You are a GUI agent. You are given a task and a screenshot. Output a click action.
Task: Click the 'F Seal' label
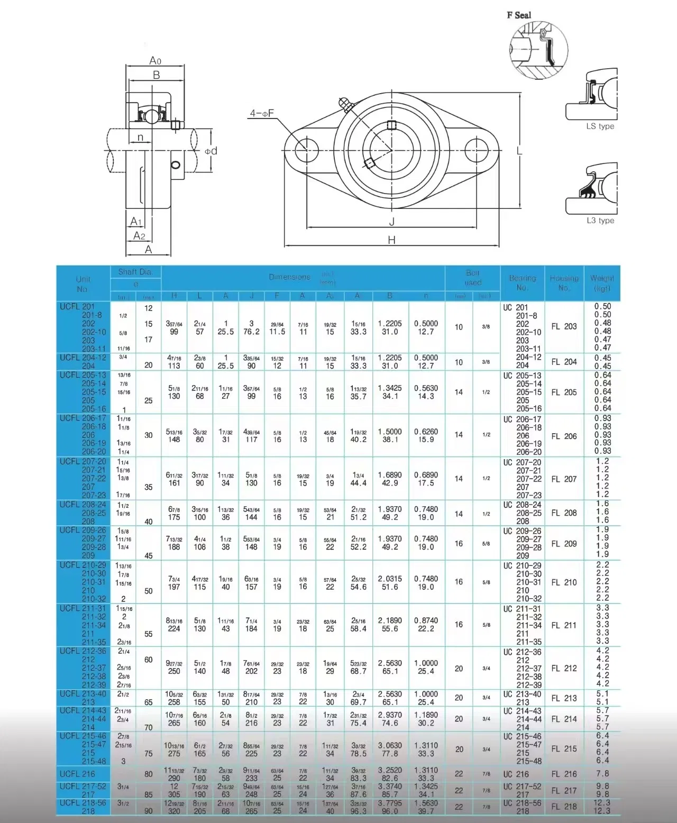[x=518, y=15]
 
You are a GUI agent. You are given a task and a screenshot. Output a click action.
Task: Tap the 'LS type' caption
[x=600, y=126]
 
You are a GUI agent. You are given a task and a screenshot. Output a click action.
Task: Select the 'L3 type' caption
[x=600, y=221]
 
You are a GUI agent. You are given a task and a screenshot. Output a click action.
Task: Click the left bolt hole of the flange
[x=307, y=151]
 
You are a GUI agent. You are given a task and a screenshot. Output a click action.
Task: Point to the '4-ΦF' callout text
[x=262, y=113]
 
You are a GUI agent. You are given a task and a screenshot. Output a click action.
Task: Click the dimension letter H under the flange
[x=391, y=240]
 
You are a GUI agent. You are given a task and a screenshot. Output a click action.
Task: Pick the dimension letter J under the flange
[x=391, y=222]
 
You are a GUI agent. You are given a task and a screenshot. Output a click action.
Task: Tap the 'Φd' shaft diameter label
[x=211, y=151]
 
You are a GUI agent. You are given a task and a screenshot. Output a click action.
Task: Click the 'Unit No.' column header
[x=83, y=284]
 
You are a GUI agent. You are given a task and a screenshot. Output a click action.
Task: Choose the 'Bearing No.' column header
[x=522, y=283]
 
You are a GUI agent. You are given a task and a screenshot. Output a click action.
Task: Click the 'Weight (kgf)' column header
[x=602, y=283]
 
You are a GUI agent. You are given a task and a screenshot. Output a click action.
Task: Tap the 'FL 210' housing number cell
[x=564, y=582]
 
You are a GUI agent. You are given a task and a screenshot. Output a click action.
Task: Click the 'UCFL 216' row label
[x=77, y=774]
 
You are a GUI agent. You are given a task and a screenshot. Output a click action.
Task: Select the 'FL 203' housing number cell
[x=564, y=327]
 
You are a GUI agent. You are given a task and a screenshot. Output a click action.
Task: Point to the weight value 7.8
[x=602, y=774]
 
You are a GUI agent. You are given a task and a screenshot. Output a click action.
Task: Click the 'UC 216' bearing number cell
[x=515, y=774]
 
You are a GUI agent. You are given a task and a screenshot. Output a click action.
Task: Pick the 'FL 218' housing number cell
[x=564, y=807]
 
